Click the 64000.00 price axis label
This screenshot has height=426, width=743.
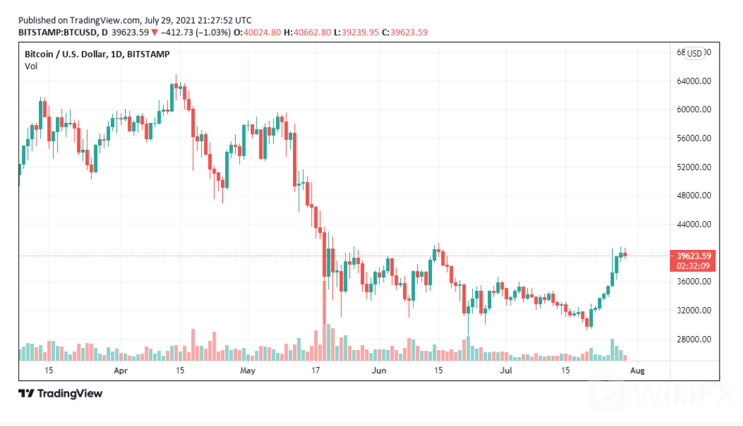tap(693, 81)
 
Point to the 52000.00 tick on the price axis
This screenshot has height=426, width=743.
tap(693, 167)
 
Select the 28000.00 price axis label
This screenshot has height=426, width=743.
tap(693, 339)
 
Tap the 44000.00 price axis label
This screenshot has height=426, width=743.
tap(693, 224)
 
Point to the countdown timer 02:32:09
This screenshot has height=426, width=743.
tap(691, 265)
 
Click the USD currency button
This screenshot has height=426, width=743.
tap(694, 53)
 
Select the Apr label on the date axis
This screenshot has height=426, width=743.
tap(120, 370)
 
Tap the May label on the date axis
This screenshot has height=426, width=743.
tap(248, 370)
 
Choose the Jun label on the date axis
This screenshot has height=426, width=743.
tap(380, 370)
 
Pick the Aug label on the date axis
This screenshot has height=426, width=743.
tap(639, 370)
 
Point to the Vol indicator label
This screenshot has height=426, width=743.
tap(31, 66)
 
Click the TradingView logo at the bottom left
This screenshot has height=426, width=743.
tap(60, 393)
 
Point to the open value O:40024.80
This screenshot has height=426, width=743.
tap(262, 32)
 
